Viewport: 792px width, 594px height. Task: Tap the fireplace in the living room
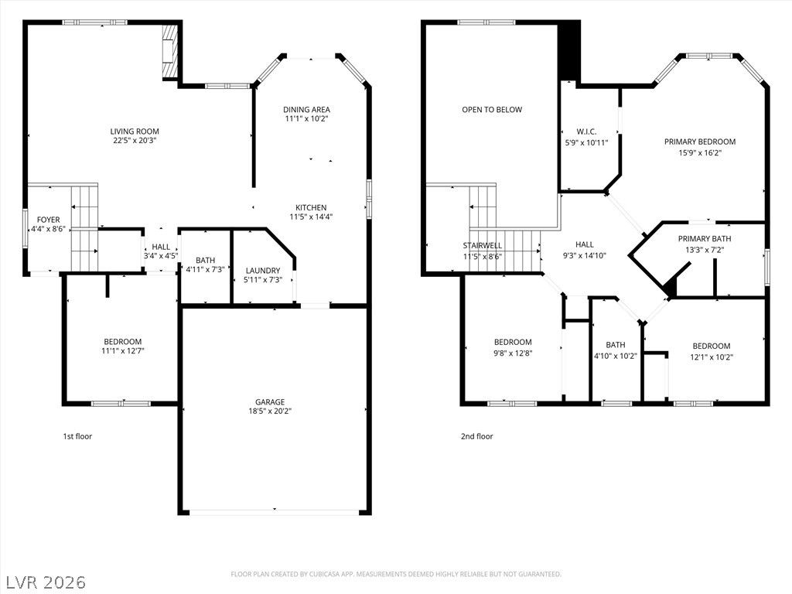(x=169, y=51)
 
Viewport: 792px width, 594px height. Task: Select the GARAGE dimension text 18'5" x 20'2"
(x=270, y=411)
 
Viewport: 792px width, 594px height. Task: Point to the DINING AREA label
(x=306, y=110)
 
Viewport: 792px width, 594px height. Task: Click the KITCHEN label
(x=311, y=207)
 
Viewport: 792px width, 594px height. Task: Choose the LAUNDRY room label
(x=263, y=270)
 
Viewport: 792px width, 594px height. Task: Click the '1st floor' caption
(x=77, y=436)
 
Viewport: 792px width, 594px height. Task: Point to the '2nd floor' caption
(x=476, y=436)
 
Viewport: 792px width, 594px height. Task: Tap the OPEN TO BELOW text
(x=492, y=110)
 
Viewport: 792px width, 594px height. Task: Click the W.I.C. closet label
(x=586, y=131)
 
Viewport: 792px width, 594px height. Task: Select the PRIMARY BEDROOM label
(x=700, y=142)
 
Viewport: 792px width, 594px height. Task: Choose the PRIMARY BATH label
(x=705, y=239)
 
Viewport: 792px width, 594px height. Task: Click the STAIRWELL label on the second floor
(x=483, y=246)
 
